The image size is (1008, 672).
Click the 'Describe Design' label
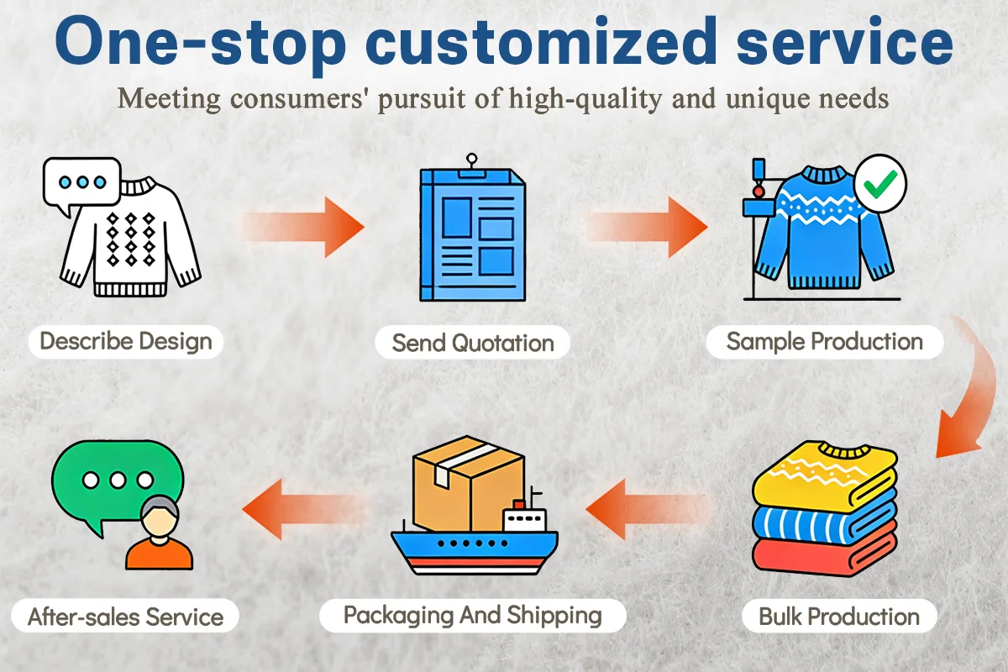pyautogui.click(x=126, y=342)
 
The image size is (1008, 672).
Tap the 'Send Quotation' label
pyautogui.click(x=473, y=343)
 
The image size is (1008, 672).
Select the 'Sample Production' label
pyautogui.click(x=824, y=342)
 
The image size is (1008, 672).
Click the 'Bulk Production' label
pyautogui.click(x=838, y=617)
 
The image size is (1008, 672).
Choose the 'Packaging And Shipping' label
pyautogui.click(x=473, y=615)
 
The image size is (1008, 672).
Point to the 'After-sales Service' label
pyautogui.click(x=126, y=617)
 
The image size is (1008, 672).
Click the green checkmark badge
pyautogui.click(x=879, y=181)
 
